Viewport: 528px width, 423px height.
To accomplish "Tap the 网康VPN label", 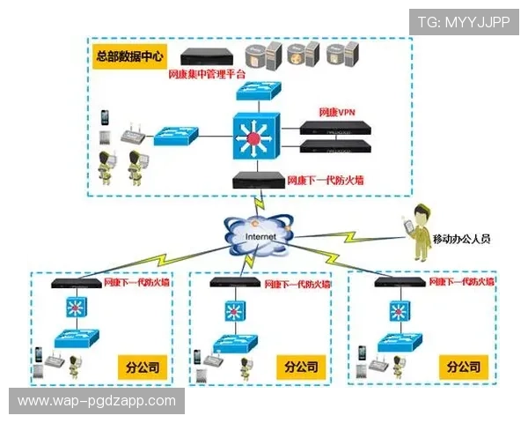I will (x=338, y=112).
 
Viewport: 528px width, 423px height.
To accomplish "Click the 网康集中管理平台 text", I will (x=208, y=75).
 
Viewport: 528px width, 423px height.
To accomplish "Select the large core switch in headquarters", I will (x=255, y=137).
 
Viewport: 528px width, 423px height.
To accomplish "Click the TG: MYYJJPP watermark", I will (x=463, y=22).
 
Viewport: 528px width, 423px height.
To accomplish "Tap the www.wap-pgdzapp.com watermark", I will (x=98, y=401).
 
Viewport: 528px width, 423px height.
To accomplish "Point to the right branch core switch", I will (x=400, y=310).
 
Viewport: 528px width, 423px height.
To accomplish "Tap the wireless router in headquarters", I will (x=132, y=132).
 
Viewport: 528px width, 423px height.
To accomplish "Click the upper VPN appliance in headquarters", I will (x=335, y=127).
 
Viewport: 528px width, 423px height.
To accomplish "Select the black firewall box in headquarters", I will (x=258, y=181).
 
